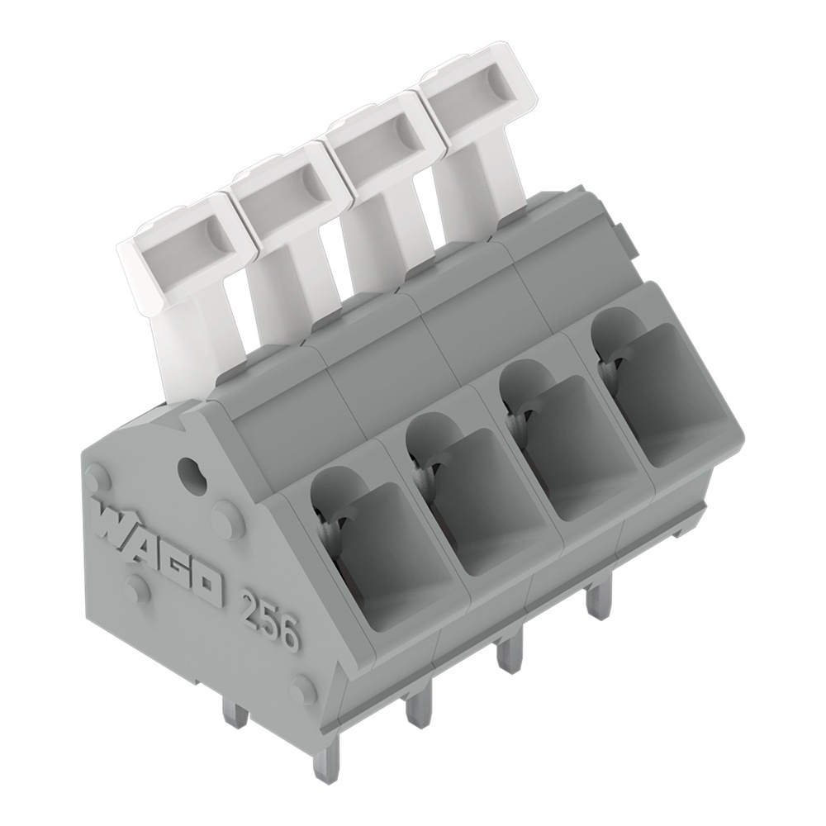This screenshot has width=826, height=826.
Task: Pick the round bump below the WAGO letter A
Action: tap(137, 588)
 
